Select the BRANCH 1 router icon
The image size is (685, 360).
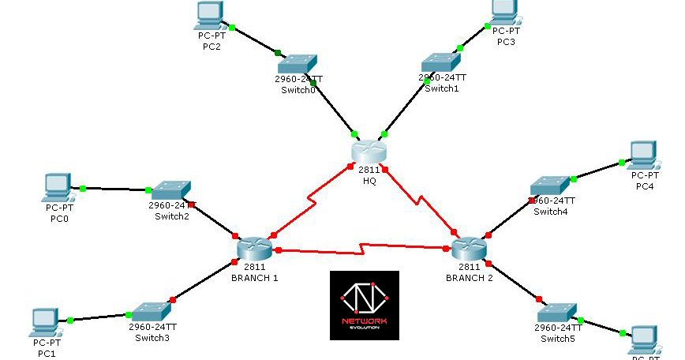[254, 248]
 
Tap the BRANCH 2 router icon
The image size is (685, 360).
[470, 249]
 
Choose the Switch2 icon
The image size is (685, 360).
[170, 189]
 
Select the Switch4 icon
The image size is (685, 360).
[548, 185]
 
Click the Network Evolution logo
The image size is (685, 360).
[365, 306]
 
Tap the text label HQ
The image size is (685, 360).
[369, 181]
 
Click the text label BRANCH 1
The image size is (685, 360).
[254, 278]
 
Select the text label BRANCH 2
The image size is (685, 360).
[469, 278]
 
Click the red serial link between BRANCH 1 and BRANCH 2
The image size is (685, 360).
[363, 249]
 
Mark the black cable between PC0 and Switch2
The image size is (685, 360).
[114, 189]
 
